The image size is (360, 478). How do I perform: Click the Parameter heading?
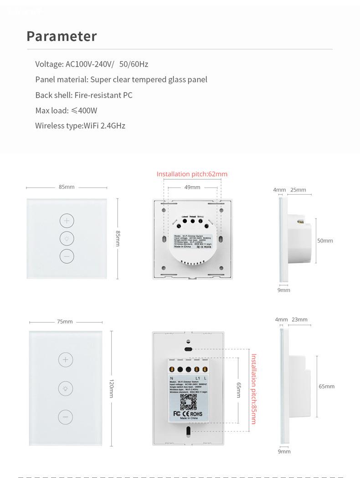pyautogui.click(x=62, y=36)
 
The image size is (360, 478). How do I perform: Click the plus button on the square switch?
pyautogui.click(x=67, y=221)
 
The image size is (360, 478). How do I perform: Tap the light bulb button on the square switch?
pyautogui.click(x=67, y=239)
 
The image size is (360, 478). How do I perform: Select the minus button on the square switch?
pyautogui.click(x=67, y=256)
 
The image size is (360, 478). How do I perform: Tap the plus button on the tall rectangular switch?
pyautogui.click(x=66, y=359)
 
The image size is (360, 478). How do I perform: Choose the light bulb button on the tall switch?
pyautogui.click(x=66, y=389)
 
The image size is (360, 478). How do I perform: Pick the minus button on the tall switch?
pyautogui.click(x=66, y=417)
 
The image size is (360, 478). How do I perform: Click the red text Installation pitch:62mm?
pyautogui.click(x=192, y=174)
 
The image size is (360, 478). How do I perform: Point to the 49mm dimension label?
pyautogui.click(x=192, y=187)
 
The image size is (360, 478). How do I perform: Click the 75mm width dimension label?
pyautogui.click(x=65, y=322)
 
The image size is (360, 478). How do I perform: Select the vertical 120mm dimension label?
pyautogui.click(x=111, y=389)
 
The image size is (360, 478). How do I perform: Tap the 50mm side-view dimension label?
pyautogui.click(x=325, y=240)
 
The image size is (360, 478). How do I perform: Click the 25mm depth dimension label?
pyautogui.click(x=298, y=190)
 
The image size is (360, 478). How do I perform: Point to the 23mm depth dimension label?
pyautogui.click(x=299, y=319)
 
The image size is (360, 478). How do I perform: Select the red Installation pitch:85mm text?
pyautogui.click(x=254, y=389)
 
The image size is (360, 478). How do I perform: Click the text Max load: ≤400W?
pyautogui.click(x=66, y=110)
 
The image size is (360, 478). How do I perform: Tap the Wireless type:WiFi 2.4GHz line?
pyautogui.click(x=80, y=125)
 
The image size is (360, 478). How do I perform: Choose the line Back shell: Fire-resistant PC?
pyautogui.click(x=84, y=95)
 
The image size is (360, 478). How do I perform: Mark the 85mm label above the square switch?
pyautogui.click(x=67, y=187)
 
